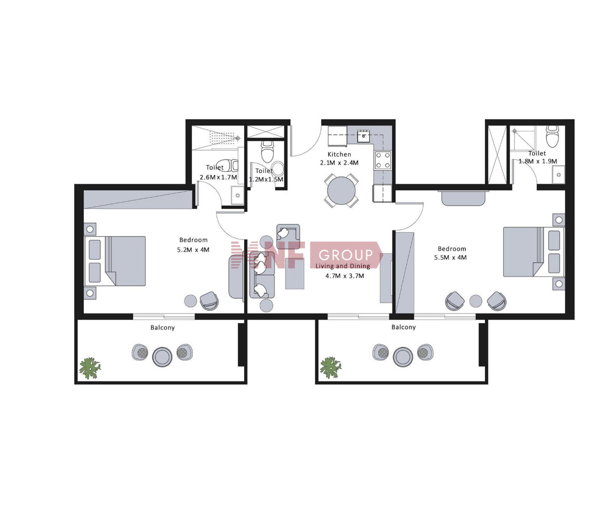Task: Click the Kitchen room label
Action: coord(339,154)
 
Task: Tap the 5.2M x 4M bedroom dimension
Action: coord(193,250)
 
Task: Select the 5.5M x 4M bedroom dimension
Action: coord(450,257)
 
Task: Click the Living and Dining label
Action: coord(343,266)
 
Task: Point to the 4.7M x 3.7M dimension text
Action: coord(345,276)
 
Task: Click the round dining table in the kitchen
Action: coord(341,190)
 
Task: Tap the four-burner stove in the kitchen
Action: coord(383,160)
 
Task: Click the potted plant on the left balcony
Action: coord(90,368)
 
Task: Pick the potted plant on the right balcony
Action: coord(331,368)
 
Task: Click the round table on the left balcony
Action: coord(162,357)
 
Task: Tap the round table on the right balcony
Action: coord(403,357)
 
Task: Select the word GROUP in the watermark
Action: coord(346,255)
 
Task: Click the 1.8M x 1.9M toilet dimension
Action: coord(538,161)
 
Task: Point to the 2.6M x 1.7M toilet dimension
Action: coord(218,177)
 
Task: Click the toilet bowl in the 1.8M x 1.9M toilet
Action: coord(553,136)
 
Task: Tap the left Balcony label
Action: coord(162,328)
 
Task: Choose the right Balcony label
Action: coord(403,327)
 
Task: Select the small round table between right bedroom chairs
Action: coord(476,301)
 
